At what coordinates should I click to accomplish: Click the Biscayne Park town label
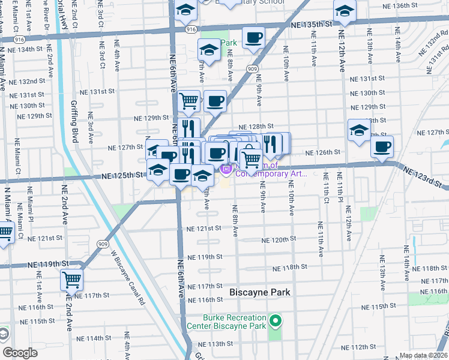pyautogui.click(x=260, y=292)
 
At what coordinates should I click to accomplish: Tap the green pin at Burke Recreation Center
pyautogui.click(x=276, y=321)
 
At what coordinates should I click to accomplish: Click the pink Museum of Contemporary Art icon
pyautogui.click(x=226, y=170)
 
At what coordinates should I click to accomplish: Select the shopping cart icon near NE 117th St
pyautogui.click(x=71, y=279)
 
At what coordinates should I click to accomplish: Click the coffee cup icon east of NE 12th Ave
pyautogui.click(x=382, y=146)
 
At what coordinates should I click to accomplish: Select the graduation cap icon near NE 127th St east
pyautogui.click(x=358, y=130)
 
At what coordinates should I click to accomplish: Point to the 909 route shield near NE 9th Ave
pyautogui.click(x=252, y=70)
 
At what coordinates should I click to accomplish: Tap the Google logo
pyautogui.click(x=20, y=353)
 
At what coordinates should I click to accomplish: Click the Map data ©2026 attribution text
pyautogui.click(x=423, y=355)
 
